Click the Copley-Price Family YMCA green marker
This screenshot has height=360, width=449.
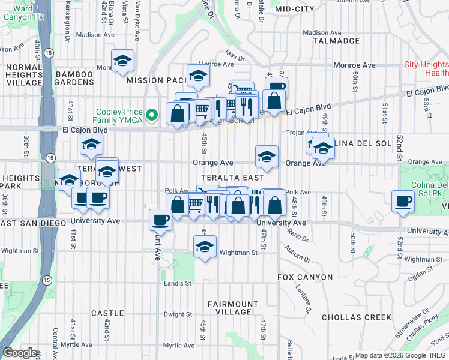[x=153, y=113]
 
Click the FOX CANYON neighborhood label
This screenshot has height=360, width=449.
[x=305, y=277]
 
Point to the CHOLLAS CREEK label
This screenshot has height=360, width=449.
[x=357, y=317]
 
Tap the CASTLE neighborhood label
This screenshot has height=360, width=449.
[x=107, y=313]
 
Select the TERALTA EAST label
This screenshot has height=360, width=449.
[x=232, y=178]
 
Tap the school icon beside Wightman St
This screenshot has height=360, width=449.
[x=205, y=246]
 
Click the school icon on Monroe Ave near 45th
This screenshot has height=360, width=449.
[x=198, y=76]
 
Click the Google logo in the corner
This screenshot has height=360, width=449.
[x=20, y=353]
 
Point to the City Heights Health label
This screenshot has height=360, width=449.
[x=426, y=68]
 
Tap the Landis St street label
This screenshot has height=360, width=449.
[x=179, y=283]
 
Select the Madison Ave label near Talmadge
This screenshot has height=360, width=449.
[x=325, y=33]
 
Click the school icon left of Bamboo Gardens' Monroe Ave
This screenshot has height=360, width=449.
[x=122, y=61]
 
